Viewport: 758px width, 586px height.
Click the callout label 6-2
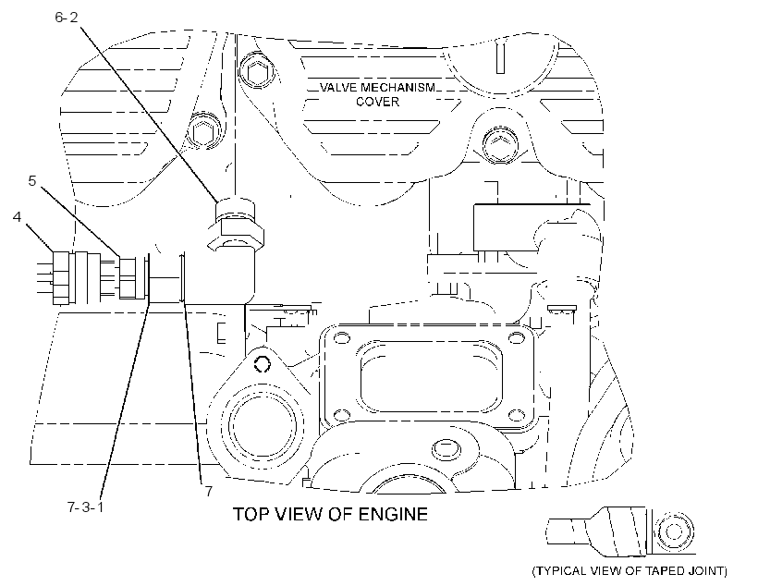(x=67, y=18)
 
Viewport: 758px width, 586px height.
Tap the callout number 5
(x=32, y=181)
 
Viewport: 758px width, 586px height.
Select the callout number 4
(x=18, y=217)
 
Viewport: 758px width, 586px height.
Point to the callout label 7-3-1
(x=86, y=507)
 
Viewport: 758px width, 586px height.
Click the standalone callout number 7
(x=208, y=491)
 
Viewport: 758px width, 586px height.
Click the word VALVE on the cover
(x=338, y=88)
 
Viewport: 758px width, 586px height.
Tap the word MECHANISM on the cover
(x=397, y=88)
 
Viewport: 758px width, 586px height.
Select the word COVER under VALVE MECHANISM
(x=377, y=102)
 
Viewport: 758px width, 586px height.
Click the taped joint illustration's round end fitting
(x=674, y=531)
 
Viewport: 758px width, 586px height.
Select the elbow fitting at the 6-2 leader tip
(x=236, y=242)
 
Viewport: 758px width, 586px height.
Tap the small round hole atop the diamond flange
(x=262, y=364)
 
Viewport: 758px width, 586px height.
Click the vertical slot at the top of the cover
(x=500, y=57)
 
